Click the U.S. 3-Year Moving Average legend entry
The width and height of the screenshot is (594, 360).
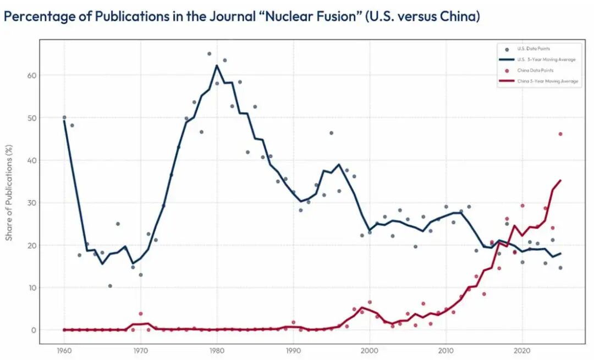click(546, 59)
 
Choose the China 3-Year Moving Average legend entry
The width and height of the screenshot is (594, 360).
click(547, 81)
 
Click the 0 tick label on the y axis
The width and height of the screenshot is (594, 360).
click(49, 330)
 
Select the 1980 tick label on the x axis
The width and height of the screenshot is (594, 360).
click(217, 350)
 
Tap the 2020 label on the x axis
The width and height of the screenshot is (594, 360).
click(522, 350)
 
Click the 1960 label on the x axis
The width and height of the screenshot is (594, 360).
click(64, 350)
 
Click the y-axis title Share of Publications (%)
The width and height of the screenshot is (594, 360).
click(9, 192)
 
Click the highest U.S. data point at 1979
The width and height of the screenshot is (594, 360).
click(209, 54)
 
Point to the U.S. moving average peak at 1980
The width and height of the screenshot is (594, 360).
click(217, 66)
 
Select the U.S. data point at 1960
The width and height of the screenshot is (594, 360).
click(64, 118)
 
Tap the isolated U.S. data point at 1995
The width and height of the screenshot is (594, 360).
click(331, 133)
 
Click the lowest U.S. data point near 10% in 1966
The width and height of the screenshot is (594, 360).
click(110, 286)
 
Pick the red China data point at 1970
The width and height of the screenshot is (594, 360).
click(141, 314)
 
